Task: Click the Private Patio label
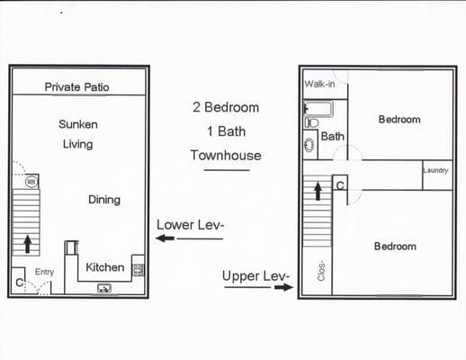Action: tap(77, 87)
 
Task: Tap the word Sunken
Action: tap(78, 124)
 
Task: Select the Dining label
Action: tap(104, 199)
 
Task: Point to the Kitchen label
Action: tap(104, 267)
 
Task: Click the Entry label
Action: tap(44, 272)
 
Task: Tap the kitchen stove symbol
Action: tap(139, 269)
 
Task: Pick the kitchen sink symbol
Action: tap(104, 288)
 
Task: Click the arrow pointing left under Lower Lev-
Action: tap(165, 238)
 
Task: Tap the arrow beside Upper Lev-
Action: tap(282, 288)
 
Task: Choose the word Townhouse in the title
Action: tap(226, 155)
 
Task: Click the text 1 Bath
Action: tap(226, 131)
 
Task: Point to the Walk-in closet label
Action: tap(319, 84)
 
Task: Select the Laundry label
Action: tap(436, 171)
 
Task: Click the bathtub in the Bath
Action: tap(319, 110)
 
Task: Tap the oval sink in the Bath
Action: tap(309, 143)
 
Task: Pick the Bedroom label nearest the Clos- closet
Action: tap(395, 246)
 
